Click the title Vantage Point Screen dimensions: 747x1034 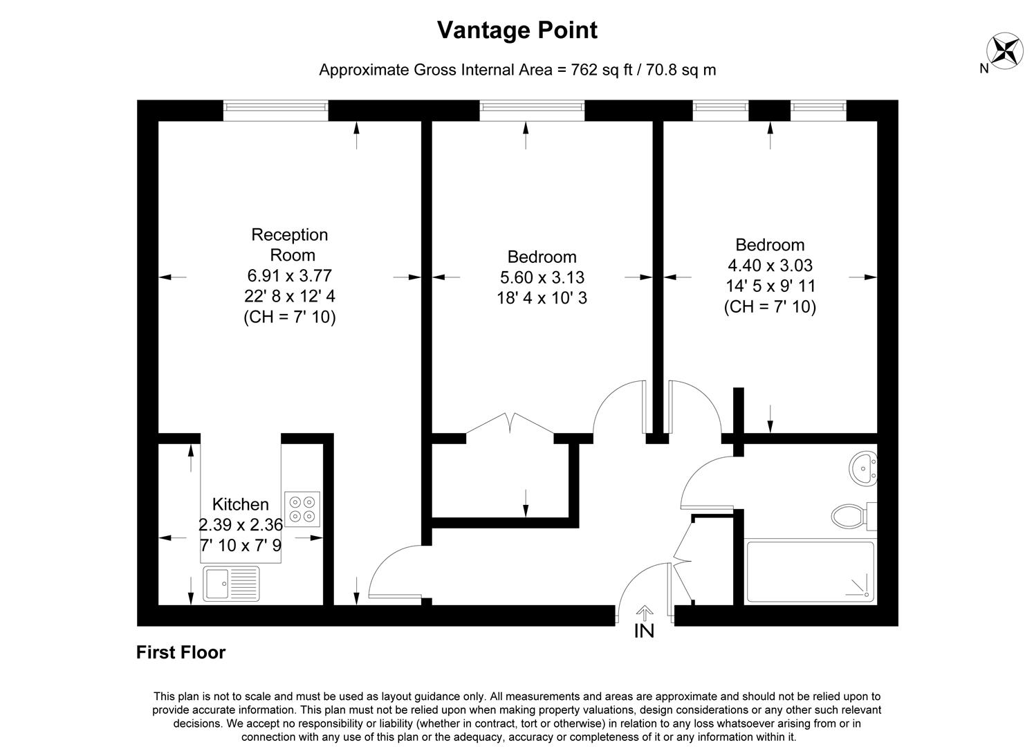pyautogui.click(x=517, y=30)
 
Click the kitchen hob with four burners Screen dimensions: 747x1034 pyautogui.click(x=302, y=509)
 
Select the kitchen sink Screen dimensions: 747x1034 pyautogui.click(x=231, y=583)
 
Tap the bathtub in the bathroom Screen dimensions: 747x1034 pyautogui.click(x=810, y=572)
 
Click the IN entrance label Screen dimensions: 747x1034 pyautogui.click(x=644, y=631)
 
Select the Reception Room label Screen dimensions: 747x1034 pyautogui.click(x=289, y=244)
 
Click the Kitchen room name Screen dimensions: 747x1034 pyautogui.click(x=240, y=504)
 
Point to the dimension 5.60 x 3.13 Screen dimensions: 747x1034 pyautogui.click(x=542, y=277)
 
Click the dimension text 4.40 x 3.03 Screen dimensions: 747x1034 pyautogui.click(x=770, y=265)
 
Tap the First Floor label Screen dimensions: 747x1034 pyautogui.click(x=181, y=652)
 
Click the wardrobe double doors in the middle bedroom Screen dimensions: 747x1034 pyautogui.click(x=510, y=424)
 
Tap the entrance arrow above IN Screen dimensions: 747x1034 pyautogui.click(x=644, y=613)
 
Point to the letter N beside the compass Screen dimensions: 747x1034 pyautogui.click(x=984, y=68)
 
